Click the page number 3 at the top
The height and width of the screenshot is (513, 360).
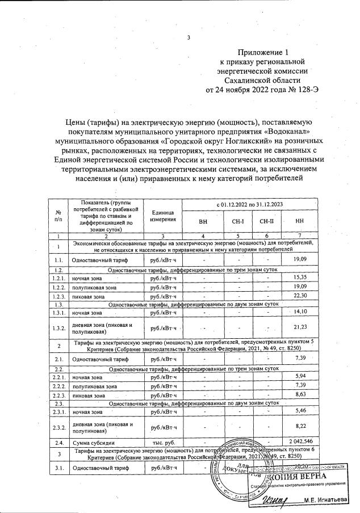(x=188, y=38)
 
